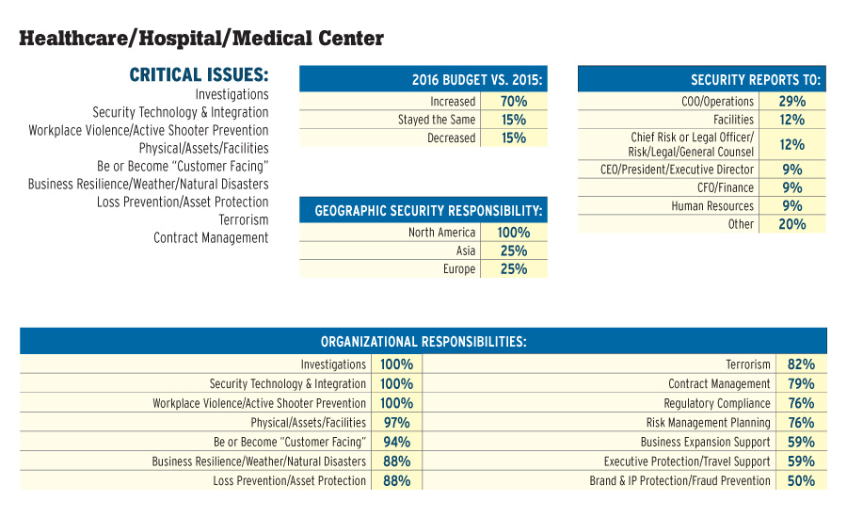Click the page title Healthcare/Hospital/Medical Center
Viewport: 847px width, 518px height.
click(201, 39)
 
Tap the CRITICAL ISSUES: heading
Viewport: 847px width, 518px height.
click(199, 74)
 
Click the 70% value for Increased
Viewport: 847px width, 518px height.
click(513, 102)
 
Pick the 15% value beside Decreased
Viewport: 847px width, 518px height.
click(513, 138)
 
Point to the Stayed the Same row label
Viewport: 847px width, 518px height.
click(437, 120)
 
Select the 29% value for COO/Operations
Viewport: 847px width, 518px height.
click(791, 102)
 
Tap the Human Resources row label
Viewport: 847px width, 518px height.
click(712, 206)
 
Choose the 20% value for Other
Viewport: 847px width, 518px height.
click(791, 224)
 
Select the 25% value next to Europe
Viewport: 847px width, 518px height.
click(514, 269)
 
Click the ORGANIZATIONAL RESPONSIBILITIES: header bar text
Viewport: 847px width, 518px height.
click(423, 341)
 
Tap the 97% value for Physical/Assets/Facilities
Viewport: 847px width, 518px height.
click(396, 423)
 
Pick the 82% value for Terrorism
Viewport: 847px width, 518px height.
click(801, 364)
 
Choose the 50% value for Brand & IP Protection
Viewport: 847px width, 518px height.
click(801, 481)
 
